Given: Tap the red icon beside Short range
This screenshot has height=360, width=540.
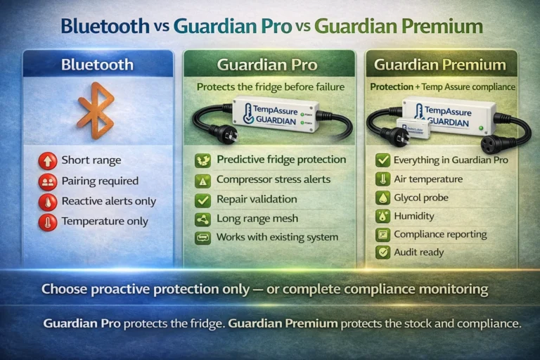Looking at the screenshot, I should [x=48, y=161].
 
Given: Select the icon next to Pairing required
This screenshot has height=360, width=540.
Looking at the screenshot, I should [x=48, y=181].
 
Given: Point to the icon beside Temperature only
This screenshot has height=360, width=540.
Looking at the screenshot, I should [x=48, y=221].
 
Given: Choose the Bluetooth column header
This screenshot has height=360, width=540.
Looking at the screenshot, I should [x=97, y=65].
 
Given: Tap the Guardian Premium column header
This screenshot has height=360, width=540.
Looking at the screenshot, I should [x=439, y=65].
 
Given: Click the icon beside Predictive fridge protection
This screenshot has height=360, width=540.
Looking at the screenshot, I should [x=202, y=160].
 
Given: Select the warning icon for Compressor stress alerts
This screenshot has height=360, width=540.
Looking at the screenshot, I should [x=202, y=180].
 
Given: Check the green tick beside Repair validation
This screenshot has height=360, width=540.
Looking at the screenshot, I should [x=202, y=200].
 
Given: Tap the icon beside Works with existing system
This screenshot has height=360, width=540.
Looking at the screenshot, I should [x=202, y=238].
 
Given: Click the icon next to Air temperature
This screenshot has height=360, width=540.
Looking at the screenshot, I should [x=382, y=179].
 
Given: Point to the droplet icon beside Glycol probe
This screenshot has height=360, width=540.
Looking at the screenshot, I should [x=382, y=198].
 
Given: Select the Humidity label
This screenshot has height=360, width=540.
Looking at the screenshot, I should [x=414, y=216].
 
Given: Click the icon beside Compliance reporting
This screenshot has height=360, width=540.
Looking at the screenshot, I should [x=382, y=234].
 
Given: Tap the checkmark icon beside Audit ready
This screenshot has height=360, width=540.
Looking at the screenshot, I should [x=382, y=252].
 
